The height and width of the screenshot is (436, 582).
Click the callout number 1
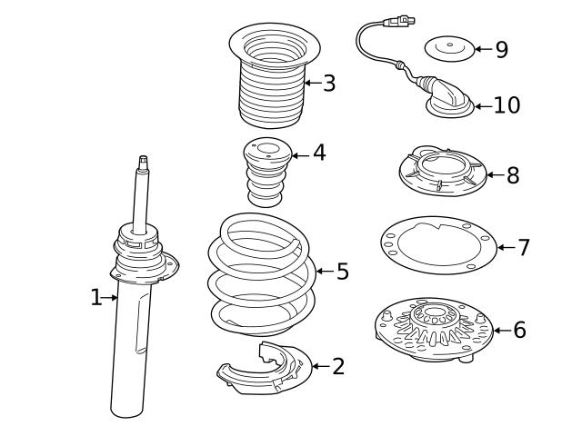(96, 298)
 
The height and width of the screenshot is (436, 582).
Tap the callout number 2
(338, 366)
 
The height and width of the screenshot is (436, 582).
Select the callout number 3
(328, 84)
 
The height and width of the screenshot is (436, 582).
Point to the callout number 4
(318, 153)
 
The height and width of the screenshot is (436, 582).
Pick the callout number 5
(342, 271)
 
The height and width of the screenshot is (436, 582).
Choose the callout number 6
(518, 330)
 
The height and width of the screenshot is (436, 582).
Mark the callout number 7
(523, 247)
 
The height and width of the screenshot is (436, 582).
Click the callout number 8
(513, 175)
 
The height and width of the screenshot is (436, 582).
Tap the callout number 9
(501, 49)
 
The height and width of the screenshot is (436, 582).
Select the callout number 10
(507, 105)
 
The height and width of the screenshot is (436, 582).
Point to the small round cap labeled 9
(450, 47)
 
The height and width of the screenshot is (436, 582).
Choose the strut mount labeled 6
(433, 329)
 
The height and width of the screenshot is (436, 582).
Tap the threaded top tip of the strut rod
(143, 162)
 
